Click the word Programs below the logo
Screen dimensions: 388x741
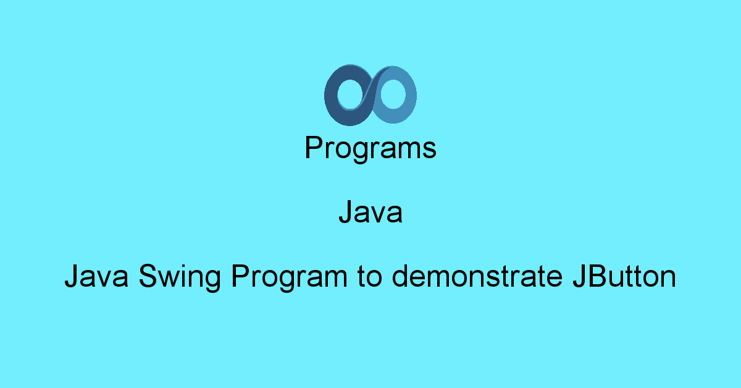tap(371, 149)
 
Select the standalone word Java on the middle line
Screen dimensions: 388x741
tap(371, 213)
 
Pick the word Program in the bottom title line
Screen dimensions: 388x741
tap(289, 277)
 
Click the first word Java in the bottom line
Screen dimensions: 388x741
tap(96, 277)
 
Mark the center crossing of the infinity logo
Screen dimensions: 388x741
tap(371, 95)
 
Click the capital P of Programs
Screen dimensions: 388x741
tap(313, 149)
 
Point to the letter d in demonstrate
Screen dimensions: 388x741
tap(401, 277)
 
